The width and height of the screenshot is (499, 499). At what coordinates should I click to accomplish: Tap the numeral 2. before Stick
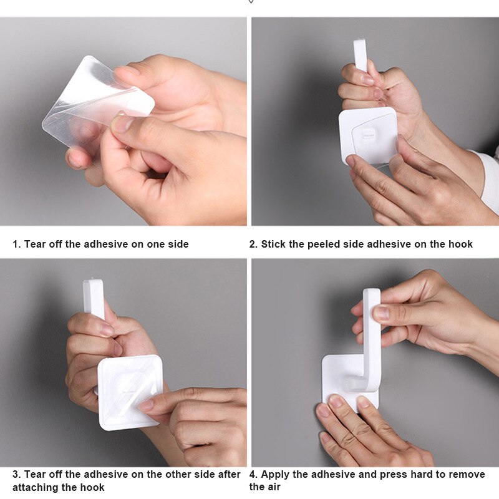coord(253,244)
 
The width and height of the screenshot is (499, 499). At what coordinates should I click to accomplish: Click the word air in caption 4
coord(273,487)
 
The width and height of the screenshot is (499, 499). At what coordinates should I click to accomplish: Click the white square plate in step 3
coord(130,392)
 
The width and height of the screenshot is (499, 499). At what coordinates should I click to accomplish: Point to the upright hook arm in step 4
coord(372,337)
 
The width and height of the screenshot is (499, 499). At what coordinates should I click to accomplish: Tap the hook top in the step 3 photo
coord(93,296)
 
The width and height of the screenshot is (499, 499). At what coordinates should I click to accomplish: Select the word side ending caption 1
coord(177,244)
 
